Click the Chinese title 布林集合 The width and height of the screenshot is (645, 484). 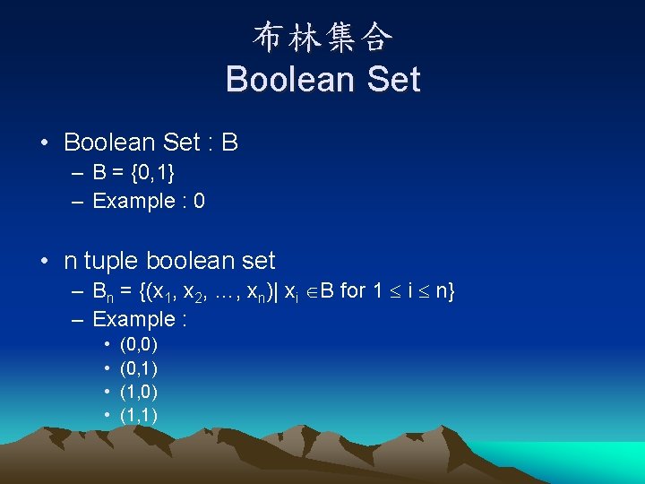tap(322, 37)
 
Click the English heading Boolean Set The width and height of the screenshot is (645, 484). tap(322, 79)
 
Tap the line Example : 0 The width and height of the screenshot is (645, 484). tap(149, 201)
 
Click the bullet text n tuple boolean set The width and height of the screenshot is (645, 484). tap(169, 261)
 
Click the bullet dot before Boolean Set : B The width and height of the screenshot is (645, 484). tap(44, 143)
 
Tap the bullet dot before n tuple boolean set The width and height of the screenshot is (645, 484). tap(44, 262)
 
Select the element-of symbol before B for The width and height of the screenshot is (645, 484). tap(310, 291)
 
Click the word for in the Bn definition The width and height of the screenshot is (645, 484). tap(354, 290)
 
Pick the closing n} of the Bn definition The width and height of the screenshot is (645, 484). tap(445, 290)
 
